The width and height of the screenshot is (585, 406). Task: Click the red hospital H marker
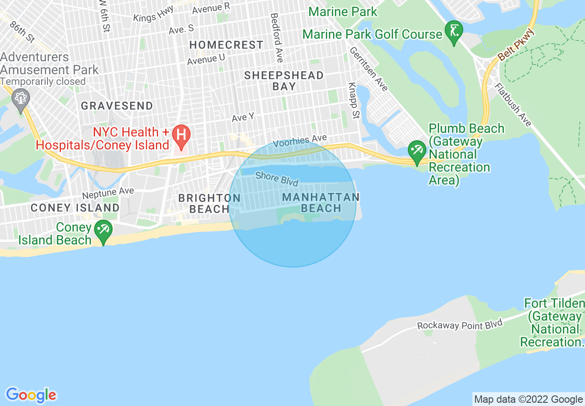tap(181, 135)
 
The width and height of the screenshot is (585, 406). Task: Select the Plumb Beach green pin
tap(417, 150)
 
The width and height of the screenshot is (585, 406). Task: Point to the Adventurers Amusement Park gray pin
tap(21, 98)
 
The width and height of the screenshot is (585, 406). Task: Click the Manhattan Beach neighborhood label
tap(321, 203)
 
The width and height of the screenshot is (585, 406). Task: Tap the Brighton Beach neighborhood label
tap(209, 203)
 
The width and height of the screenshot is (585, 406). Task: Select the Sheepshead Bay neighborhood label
tap(284, 81)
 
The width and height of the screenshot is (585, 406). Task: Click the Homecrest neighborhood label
tap(227, 45)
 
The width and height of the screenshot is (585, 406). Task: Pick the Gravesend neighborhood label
tap(117, 106)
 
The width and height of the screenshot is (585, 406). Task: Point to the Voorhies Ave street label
tap(300, 141)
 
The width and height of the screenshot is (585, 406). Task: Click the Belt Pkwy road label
tap(516, 45)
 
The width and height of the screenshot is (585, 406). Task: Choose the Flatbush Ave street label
tap(513, 105)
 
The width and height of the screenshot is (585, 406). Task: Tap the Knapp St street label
tap(353, 101)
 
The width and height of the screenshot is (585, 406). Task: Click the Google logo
tap(31, 395)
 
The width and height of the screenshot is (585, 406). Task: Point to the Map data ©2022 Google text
tap(528, 399)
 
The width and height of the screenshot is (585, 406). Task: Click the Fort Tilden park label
tap(554, 323)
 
